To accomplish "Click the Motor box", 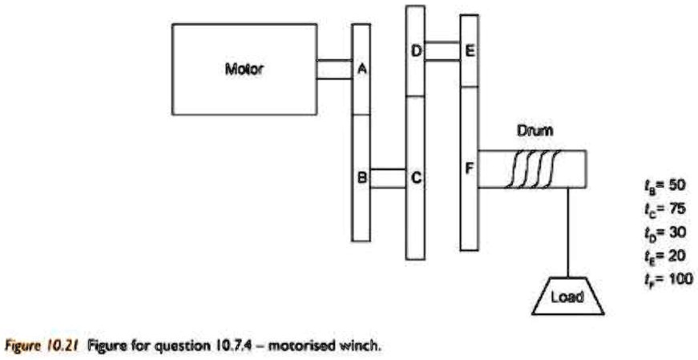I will [x=244, y=69].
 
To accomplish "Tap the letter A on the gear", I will [x=361, y=70].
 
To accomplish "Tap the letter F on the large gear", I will [x=470, y=170].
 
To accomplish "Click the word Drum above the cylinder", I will [x=531, y=128].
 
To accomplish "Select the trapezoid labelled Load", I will [x=567, y=297].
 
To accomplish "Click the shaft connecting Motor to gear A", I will [x=334, y=70].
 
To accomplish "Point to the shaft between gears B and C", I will [x=389, y=178].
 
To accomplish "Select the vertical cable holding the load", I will [x=567, y=233].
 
